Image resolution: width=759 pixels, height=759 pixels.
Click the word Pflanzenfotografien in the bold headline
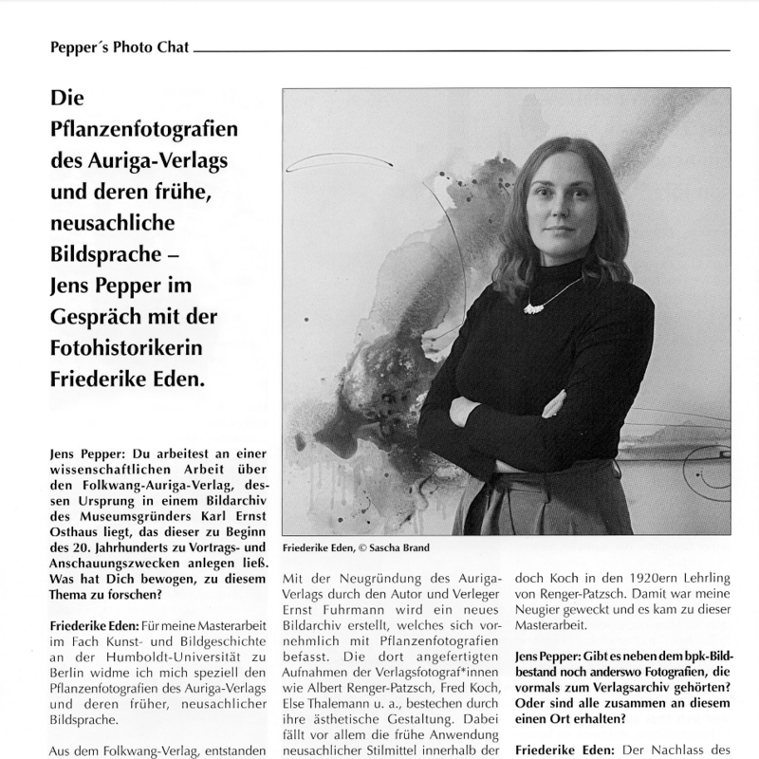pyautogui.click(x=144, y=130)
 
